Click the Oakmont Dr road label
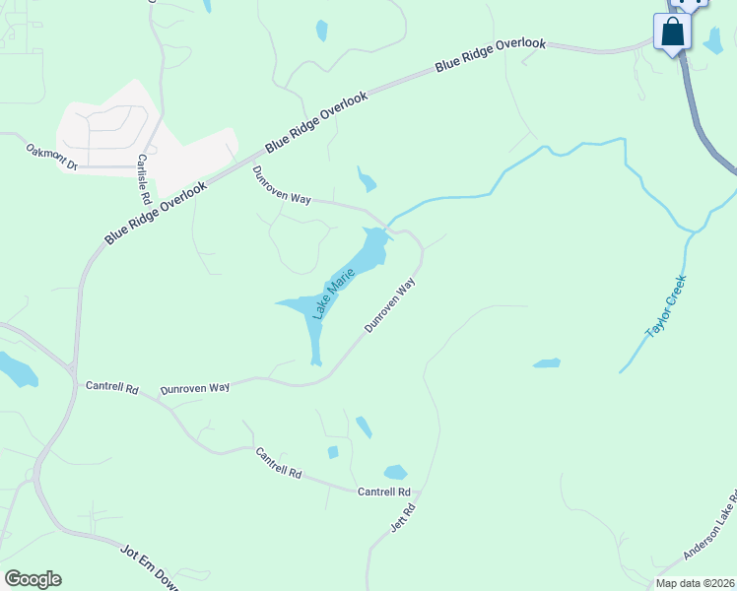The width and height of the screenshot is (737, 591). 51,159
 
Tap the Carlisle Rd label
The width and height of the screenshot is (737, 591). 144,173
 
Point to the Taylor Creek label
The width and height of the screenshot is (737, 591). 666,307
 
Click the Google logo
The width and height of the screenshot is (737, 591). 33,579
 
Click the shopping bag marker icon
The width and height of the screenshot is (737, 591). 673,32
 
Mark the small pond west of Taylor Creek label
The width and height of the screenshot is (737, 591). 547,363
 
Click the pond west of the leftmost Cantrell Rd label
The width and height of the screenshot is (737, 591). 17,369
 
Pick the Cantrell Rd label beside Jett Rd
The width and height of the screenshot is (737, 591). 383,492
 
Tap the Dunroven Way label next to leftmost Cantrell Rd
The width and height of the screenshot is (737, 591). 195,388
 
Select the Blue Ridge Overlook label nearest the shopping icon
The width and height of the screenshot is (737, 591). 491,55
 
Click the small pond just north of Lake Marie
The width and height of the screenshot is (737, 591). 367,180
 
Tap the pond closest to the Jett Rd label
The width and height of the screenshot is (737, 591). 395,472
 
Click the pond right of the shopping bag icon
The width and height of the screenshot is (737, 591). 713,40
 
